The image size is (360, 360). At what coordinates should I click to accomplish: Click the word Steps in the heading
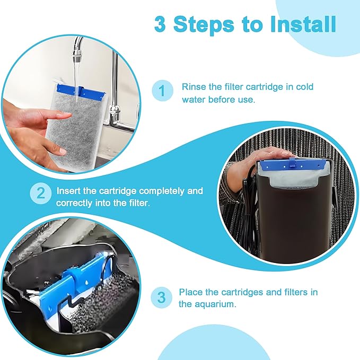pyautogui.click(x=205, y=24)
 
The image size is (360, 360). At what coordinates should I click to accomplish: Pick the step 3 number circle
pyautogui.click(x=161, y=297)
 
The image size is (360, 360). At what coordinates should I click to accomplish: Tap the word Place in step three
pyautogui.click(x=190, y=292)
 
